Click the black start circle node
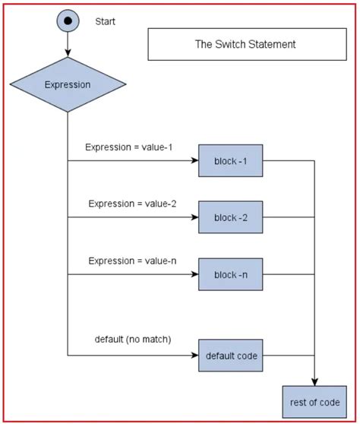68,21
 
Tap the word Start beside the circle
106,22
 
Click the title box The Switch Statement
245,45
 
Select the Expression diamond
68,85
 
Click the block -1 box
230,160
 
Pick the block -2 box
230,217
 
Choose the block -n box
230,274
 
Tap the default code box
230,355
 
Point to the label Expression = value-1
129,147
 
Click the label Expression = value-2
132,204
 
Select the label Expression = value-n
132,260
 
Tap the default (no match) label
133,339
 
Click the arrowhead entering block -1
194,160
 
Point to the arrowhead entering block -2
194,217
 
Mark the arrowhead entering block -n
194,274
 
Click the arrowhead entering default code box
194,355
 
